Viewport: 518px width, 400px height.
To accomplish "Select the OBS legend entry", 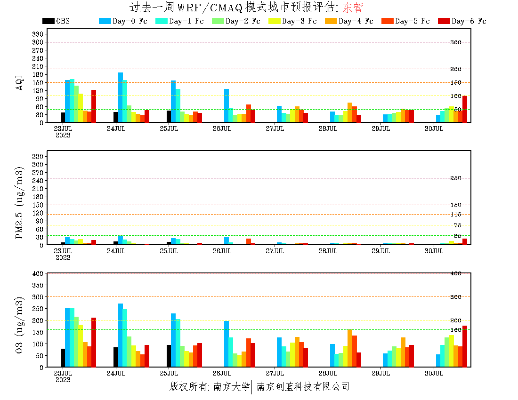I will click(x=57, y=21).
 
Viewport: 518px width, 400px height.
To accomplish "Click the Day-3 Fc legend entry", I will click(x=293, y=21).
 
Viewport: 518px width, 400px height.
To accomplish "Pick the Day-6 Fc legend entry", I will click(x=462, y=21).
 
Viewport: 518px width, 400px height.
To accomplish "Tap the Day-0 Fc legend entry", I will click(x=123, y=21).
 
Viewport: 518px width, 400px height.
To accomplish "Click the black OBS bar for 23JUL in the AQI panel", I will click(x=63, y=117).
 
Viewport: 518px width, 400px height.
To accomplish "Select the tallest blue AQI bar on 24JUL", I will click(x=121, y=97).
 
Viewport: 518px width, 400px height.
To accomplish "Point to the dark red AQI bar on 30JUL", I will click(x=465, y=109).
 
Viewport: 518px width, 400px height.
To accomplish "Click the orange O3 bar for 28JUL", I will click(x=350, y=348).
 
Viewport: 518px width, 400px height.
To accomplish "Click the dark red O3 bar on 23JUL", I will click(x=94, y=342).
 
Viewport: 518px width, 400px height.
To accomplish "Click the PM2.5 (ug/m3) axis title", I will click(x=19, y=203).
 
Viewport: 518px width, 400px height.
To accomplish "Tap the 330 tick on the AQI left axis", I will click(x=38, y=34).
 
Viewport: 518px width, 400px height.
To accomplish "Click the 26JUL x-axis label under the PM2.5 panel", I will click(x=222, y=251).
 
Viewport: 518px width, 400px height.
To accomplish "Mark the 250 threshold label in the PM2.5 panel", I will click(x=456, y=178).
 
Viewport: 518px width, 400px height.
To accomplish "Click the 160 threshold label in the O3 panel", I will click(x=456, y=330).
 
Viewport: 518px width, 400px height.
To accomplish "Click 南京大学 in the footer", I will click(x=231, y=387).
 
